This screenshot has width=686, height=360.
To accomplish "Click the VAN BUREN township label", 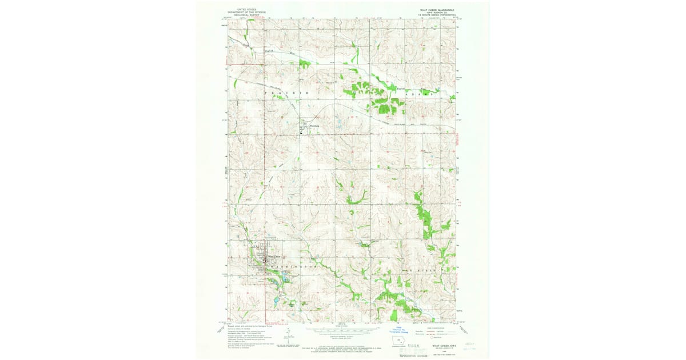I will pyautogui.click(x=424, y=268).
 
